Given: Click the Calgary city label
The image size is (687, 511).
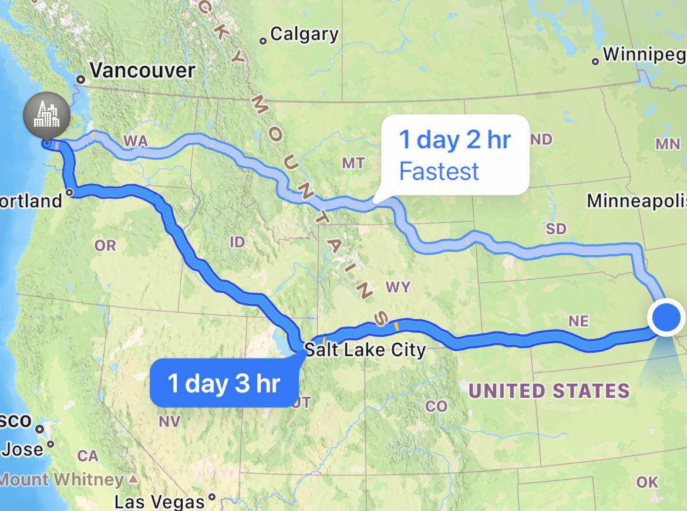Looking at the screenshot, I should (304, 34).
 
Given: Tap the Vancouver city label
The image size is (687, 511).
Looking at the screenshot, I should (142, 70).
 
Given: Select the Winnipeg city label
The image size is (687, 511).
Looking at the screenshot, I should (644, 55).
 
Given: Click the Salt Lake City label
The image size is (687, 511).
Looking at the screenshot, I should (365, 350).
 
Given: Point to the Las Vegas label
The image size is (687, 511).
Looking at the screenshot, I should (159, 502).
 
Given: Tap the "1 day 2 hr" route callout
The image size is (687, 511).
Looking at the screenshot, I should (455, 140).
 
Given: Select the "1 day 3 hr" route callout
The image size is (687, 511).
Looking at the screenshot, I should (224, 383).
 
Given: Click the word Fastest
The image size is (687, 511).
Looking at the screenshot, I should (439, 172).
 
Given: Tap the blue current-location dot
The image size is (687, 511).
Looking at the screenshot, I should (666, 317).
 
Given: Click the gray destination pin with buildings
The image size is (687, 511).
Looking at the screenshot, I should (46, 114).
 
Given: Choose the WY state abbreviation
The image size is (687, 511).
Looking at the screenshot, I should (398, 287).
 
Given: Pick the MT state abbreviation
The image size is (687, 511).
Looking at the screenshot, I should (353, 163).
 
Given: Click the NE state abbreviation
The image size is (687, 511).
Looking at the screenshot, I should (578, 321).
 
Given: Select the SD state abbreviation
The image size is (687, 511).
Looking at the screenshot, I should (555, 228).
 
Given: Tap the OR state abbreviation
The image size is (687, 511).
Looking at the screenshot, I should (105, 245).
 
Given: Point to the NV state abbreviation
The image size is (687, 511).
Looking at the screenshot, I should (169, 421).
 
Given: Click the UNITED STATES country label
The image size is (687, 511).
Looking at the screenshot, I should (549, 391).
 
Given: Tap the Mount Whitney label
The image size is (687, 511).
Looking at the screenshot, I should (62, 479).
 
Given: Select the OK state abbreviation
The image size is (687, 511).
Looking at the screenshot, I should (647, 482).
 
